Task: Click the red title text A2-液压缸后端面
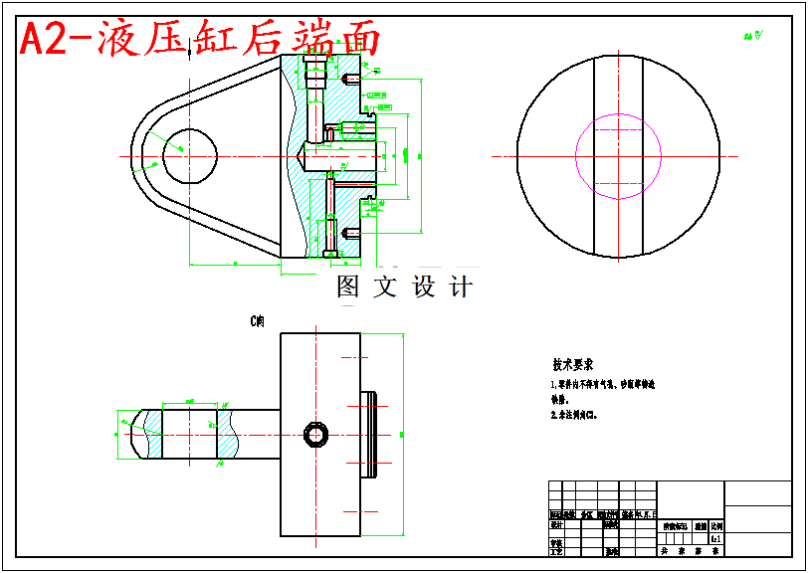(x=200, y=39)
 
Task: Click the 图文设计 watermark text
(x=404, y=287)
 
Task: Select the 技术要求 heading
(x=573, y=365)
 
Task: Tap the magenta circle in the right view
(x=618, y=155)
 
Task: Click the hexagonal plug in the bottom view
(x=315, y=435)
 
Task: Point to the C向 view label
(x=258, y=321)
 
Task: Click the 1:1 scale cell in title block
(x=715, y=538)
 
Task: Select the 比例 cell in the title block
(x=716, y=526)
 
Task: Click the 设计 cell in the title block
(x=557, y=524)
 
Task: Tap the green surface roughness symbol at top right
(x=752, y=36)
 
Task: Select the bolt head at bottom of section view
(x=330, y=254)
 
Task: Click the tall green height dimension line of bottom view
(x=401, y=435)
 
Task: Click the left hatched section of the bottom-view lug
(x=152, y=435)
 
